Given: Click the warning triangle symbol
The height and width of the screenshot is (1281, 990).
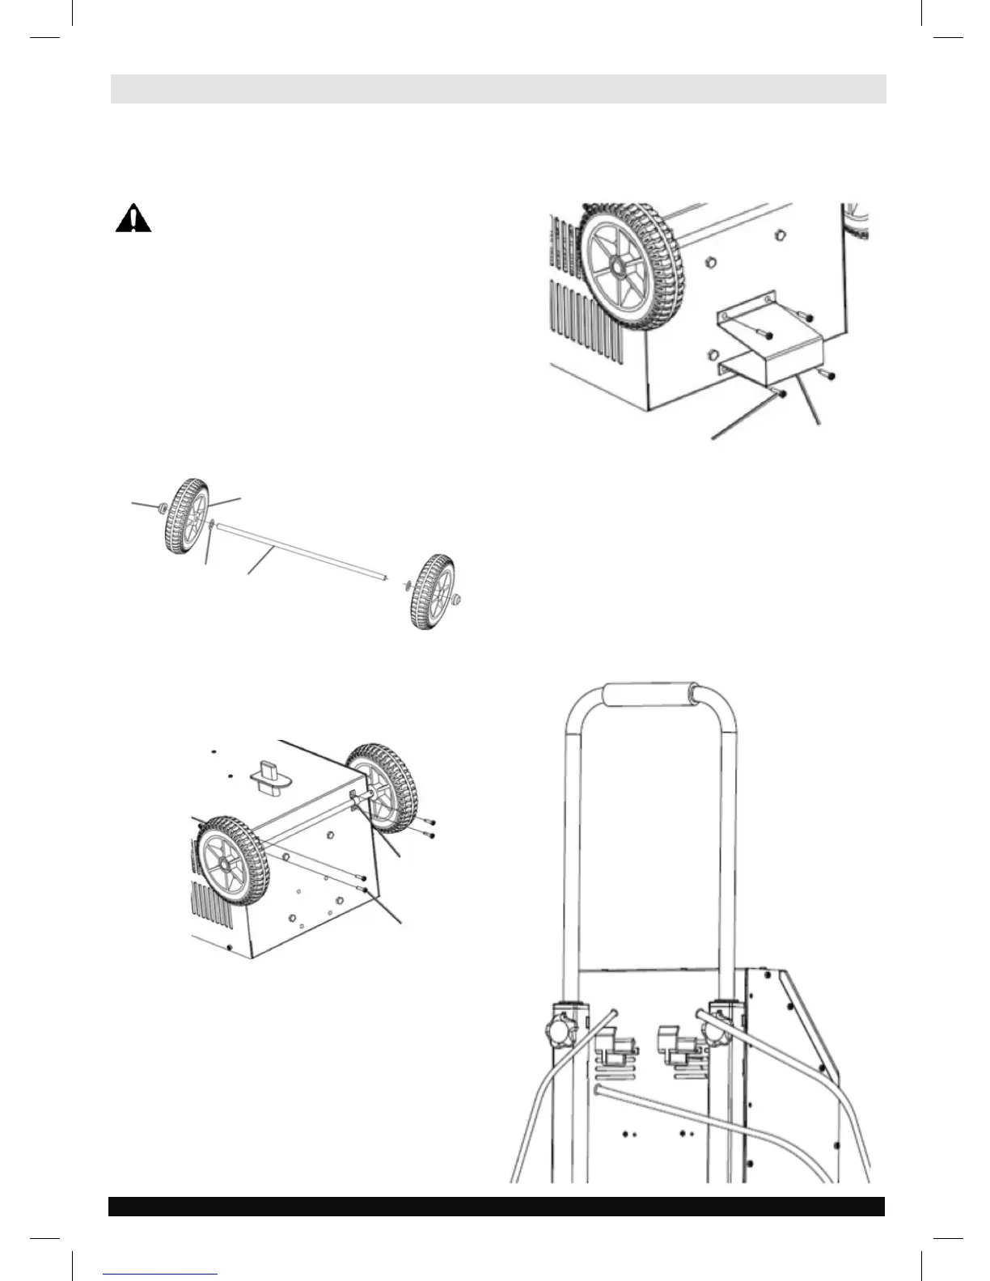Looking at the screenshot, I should click(133, 219).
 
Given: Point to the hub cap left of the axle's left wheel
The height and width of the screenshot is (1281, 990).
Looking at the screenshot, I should click(161, 508).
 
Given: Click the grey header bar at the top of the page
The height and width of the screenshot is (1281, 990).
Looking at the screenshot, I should click(497, 89).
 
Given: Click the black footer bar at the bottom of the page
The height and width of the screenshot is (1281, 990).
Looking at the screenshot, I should click(497, 1206).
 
